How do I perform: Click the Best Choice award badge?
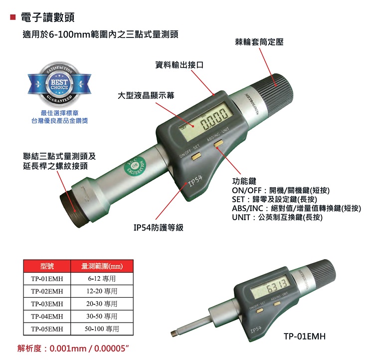[x=59, y=82]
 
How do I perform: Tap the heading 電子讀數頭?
[x=48, y=17]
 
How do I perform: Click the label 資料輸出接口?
[x=179, y=65]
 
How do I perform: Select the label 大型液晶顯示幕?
[x=146, y=95]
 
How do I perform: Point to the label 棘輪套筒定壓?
[x=259, y=43]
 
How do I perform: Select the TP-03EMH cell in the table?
[x=47, y=304]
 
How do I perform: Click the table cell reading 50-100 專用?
[x=102, y=329]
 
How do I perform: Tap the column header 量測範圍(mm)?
[x=102, y=266]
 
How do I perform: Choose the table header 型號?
[x=47, y=266]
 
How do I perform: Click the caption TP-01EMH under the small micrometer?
[x=304, y=337]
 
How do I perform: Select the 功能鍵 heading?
[x=244, y=181]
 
